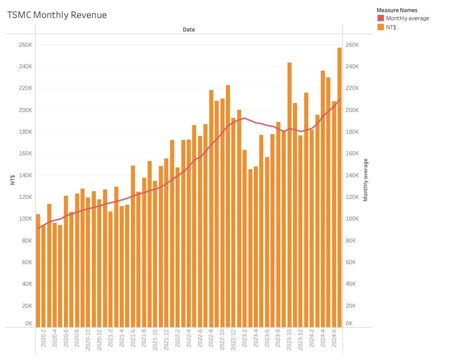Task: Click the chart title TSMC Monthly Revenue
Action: pyautogui.click(x=57, y=15)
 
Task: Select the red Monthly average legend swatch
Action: pyautogui.click(x=380, y=18)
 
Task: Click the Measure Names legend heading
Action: pyautogui.click(x=396, y=10)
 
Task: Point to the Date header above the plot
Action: pyautogui.click(x=189, y=29)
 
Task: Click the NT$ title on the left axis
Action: pyautogui.click(x=13, y=180)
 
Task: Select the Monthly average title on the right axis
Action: pyautogui.click(x=365, y=180)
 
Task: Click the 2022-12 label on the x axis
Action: pyautogui.click(x=233, y=341)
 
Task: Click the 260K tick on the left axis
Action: pyautogui.click(x=25, y=45)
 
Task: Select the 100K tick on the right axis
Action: pyautogui.click(x=351, y=219)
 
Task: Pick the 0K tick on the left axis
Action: pyautogui.click(x=28, y=324)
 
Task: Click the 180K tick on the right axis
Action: pyautogui.click(x=351, y=132)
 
